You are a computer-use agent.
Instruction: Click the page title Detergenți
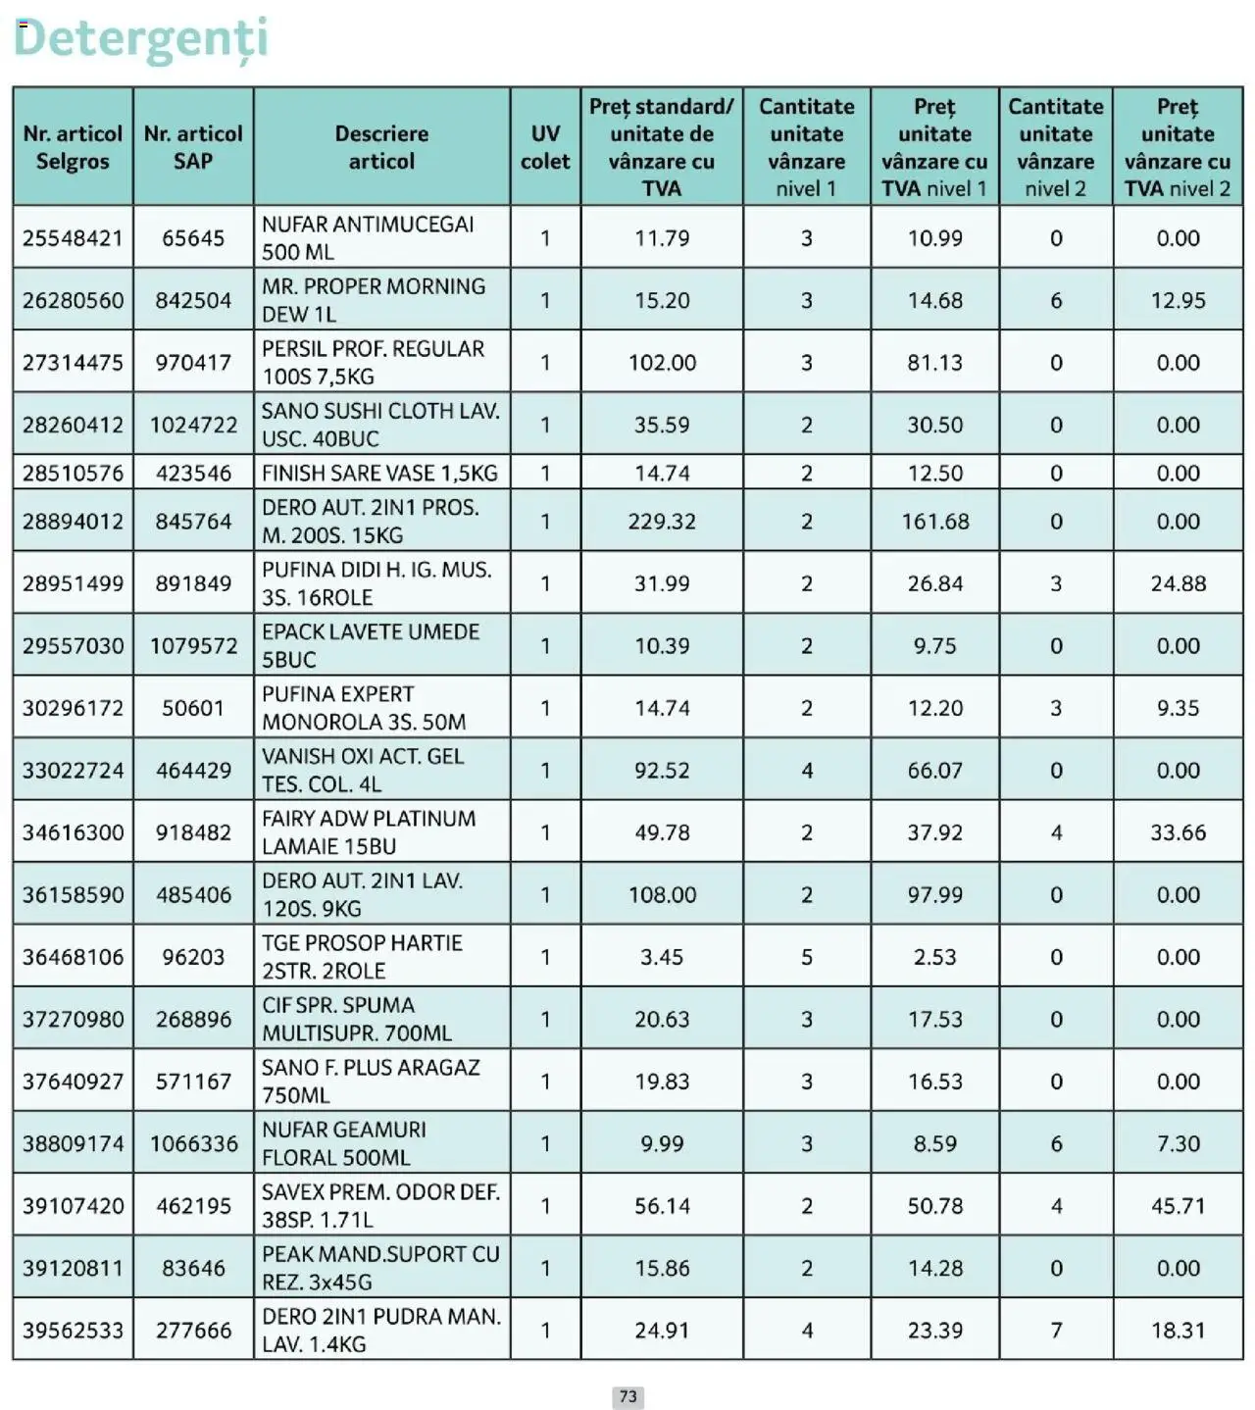pos(140,39)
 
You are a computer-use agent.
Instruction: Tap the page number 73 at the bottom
pos(627,1396)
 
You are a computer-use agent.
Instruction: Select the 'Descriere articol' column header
pos(381,147)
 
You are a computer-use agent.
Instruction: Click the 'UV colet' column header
pos(545,147)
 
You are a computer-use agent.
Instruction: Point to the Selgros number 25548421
pos(73,238)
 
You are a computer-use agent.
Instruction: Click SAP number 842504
pos(193,300)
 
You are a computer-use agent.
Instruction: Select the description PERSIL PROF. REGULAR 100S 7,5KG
pos(373,363)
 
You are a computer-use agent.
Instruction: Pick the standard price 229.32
pos(662,522)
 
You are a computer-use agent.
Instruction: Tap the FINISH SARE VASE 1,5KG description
pos(379,474)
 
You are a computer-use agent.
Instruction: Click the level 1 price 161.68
pos(934,522)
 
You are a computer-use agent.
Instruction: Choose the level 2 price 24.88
pos(1178,583)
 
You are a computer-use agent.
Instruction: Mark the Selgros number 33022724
pos(73,771)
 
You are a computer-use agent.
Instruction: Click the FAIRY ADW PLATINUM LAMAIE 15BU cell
pos(369,832)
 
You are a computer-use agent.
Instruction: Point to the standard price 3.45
pos(662,957)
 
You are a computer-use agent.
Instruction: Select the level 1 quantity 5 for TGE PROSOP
pos(806,957)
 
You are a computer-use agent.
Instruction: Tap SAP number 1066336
pos(193,1143)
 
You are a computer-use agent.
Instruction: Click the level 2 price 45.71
pos(1178,1206)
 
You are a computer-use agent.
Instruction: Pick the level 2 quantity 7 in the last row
pos(1055,1331)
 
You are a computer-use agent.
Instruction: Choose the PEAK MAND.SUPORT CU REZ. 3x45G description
pos(380,1268)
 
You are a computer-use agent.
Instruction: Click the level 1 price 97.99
pos(934,895)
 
